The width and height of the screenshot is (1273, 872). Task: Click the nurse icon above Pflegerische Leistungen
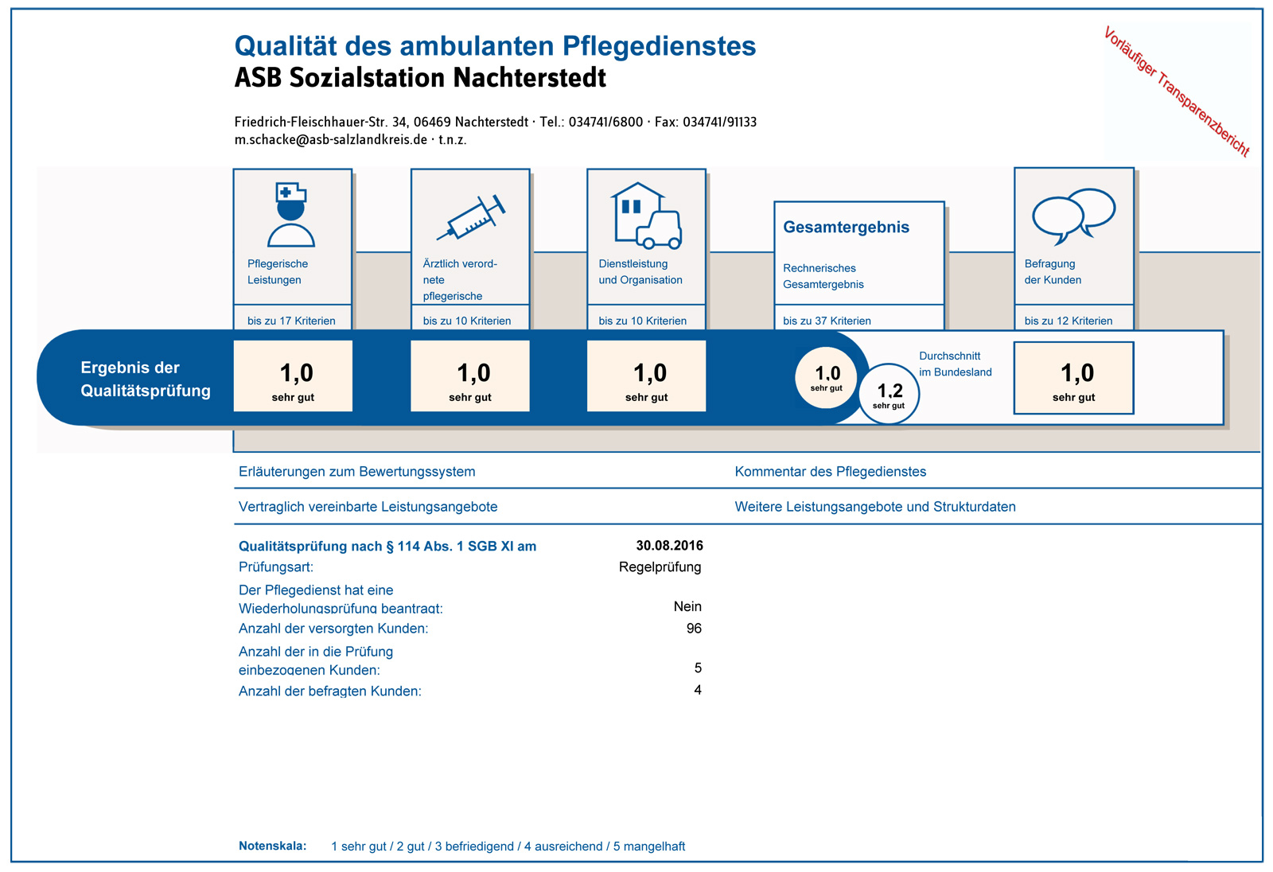coord(291,214)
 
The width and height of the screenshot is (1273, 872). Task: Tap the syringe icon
coord(471,218)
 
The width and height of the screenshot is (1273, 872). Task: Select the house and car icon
coord(647,216)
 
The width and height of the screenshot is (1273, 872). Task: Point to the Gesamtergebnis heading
coord(847,227)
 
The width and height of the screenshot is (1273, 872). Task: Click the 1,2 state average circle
coord(890,394)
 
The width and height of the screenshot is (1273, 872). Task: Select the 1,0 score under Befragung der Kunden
coord(1073,378)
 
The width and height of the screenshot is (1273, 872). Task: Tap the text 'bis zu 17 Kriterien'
coord(291,321)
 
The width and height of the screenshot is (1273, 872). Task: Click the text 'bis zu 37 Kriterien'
coord(827,321)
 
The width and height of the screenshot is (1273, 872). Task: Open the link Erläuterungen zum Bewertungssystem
coord(357,471)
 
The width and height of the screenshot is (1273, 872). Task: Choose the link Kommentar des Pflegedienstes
coord(831,471)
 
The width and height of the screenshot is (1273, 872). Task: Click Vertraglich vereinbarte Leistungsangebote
coord(368,507)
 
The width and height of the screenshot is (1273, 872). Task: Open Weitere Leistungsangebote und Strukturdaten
coord(875,507)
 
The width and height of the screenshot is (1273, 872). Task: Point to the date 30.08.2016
coord(669,546)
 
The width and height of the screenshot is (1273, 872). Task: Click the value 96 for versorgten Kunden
coord(694,628)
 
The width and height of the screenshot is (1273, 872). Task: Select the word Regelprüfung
coord(660,566)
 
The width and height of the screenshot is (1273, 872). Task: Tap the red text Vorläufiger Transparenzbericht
coord(1177,91)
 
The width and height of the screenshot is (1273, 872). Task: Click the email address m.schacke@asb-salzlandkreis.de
coord(331,139)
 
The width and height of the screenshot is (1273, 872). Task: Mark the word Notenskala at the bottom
coord(272,845)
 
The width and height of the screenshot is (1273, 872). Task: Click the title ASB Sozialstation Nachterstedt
coord(421,78)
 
